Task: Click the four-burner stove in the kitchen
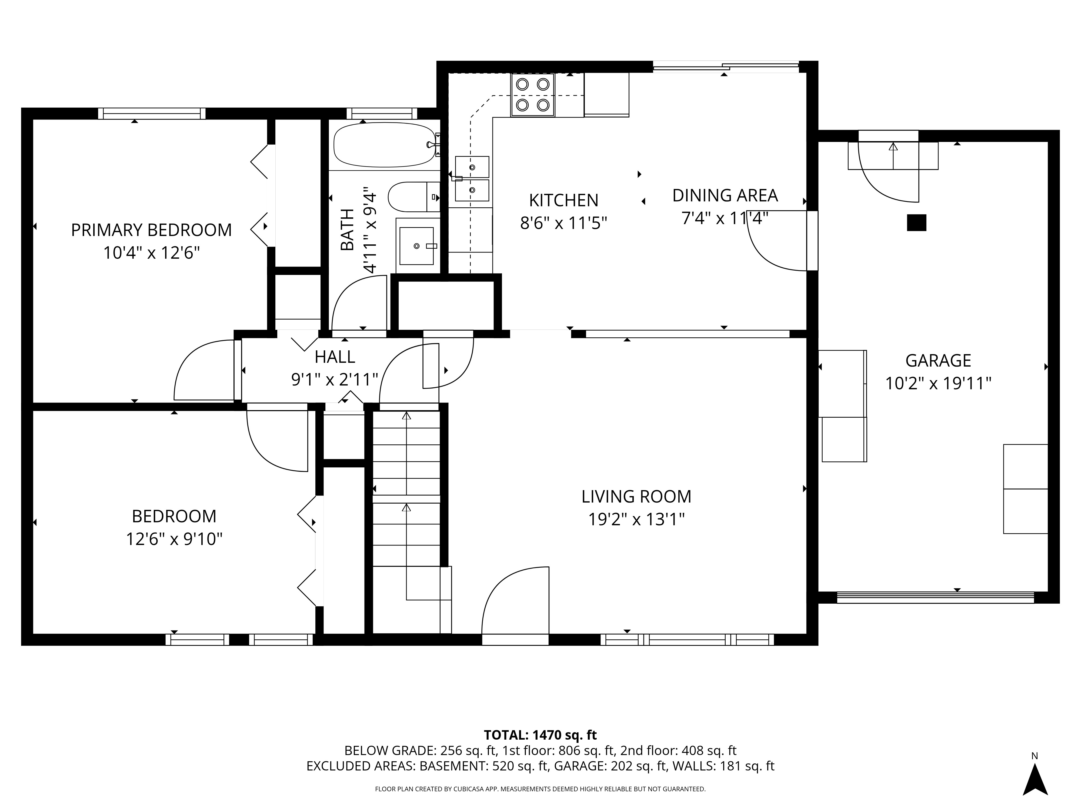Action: pos(533,95)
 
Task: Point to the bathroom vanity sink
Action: pos(416,245)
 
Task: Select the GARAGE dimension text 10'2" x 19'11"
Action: pos(938,383)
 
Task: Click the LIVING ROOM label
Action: pos(636,497)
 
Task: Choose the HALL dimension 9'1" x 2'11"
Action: pos(335,379)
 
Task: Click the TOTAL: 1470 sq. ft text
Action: pos(540,735)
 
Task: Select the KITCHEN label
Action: pos(563,200)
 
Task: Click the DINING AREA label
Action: pos(725,195)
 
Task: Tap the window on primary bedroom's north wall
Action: pos(152,114)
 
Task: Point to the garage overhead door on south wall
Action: pos(935,597)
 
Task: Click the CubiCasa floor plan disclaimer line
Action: pos(540,789)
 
